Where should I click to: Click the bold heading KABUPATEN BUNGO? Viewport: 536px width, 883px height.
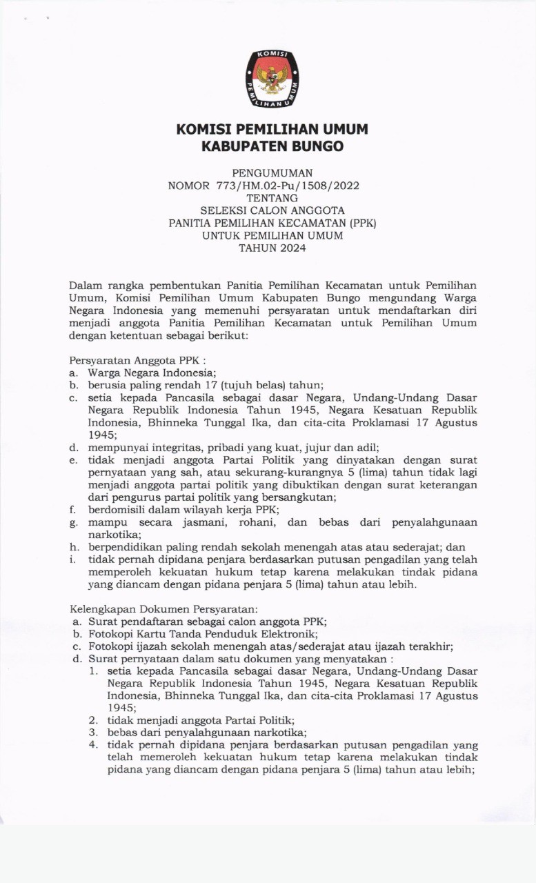pyautogui.click(x=272, y=146)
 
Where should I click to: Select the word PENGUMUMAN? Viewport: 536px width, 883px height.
pyautogui.click(x=271, y=172)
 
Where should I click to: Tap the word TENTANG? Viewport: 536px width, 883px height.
pyautogui.click(x=271, y=198)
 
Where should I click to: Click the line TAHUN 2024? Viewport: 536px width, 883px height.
pyautogui.click(x=271, y=248)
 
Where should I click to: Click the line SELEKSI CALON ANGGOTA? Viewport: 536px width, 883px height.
pyautogui.click(x=271, y=210)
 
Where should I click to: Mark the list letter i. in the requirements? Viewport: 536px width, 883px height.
pyautogui.click(x=72, y=559)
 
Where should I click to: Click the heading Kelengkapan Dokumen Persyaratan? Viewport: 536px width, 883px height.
pyautogui.click(x=164, y=609)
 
